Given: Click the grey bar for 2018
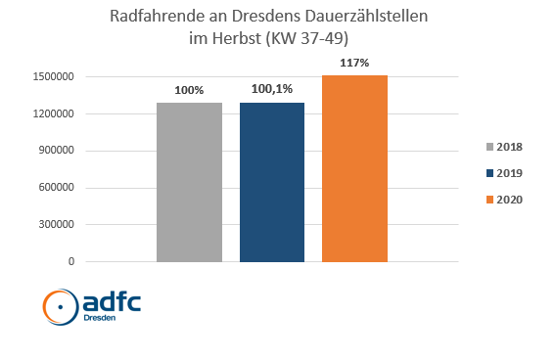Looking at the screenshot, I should [189, 182].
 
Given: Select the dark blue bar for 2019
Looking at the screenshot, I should [271, 182].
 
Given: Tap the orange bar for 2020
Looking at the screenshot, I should [354, 168].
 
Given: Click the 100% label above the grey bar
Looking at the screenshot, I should [189, 91].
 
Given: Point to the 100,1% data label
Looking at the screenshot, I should [271, 91].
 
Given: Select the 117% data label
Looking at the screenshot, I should [354, 64].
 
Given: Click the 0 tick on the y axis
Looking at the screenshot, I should [71, 262].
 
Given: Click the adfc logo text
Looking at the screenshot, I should [111, 301].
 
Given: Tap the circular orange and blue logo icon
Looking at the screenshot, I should [60, 307].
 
